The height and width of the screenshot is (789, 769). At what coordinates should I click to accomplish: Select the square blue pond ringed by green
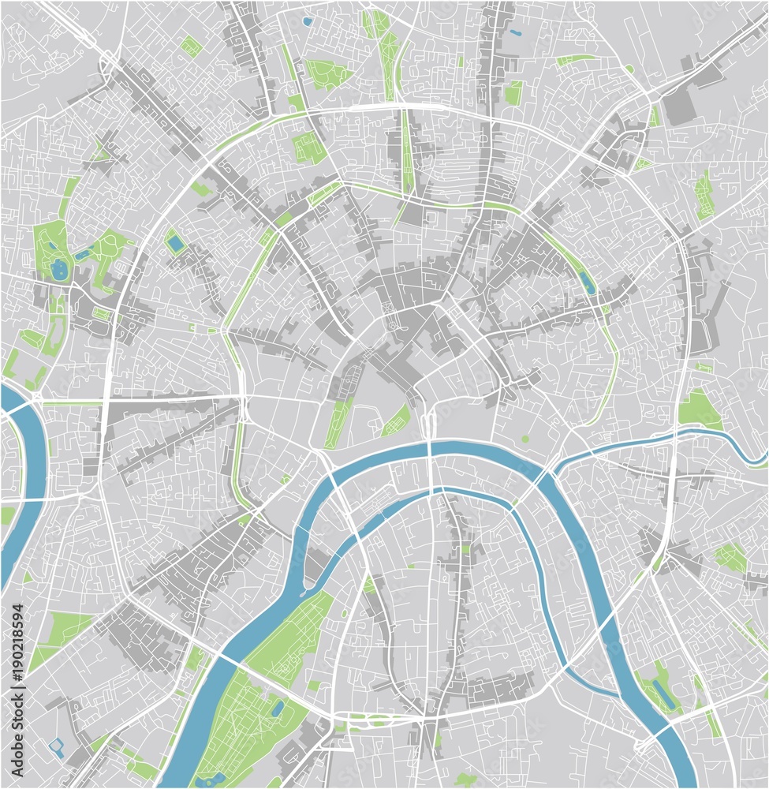click(175, 245)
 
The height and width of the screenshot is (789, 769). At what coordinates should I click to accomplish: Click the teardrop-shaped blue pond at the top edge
click(307, 21)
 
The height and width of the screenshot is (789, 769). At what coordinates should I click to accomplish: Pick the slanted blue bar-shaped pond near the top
click(515, 33)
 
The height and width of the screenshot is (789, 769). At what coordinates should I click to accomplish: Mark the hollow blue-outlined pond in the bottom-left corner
click(56, 745)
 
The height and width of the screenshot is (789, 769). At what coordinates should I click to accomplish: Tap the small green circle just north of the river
click(525, 439)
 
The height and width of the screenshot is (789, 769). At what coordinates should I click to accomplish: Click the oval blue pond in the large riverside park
click(277, 708)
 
